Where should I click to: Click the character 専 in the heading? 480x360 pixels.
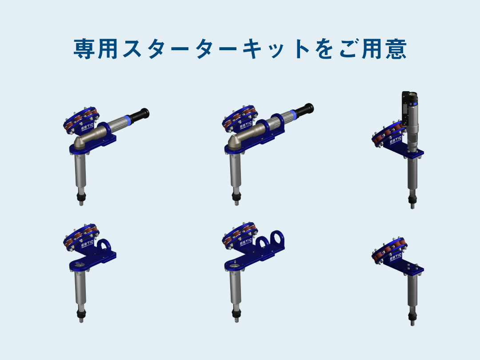pyautogui.click(x=84, y=49)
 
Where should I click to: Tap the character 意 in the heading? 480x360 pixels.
pyautogui.click(x=395, y=49)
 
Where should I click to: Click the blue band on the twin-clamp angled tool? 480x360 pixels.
pyautogui.click(x=291, y=114)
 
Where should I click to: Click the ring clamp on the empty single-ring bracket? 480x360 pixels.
pyautogui.click(x=104, y=246)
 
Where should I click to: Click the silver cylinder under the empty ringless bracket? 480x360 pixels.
pyautogui.click(x=412, y=293)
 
